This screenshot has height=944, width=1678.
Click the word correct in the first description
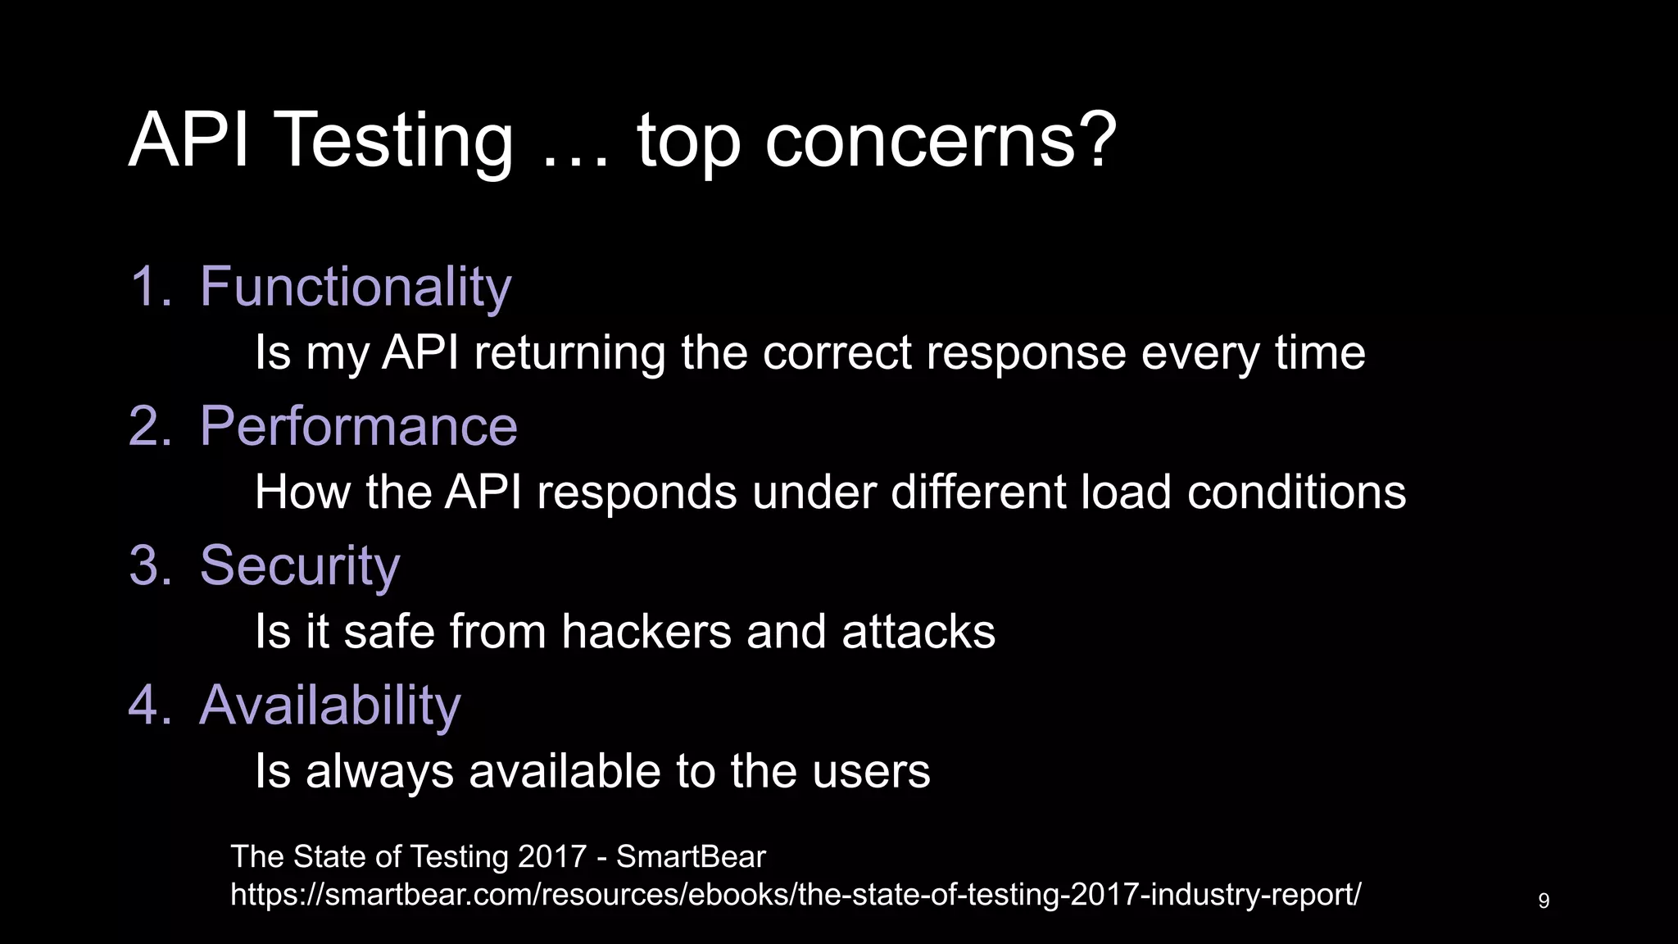click(x=837, y=353)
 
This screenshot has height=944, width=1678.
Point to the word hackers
click(x=646, y=632)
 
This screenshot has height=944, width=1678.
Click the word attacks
click(x=918, y=632)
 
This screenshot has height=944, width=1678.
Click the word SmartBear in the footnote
click(x=691, y=856)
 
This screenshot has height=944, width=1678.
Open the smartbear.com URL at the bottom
click(x=796, y=894)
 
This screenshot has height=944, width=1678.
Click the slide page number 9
click(x=1544, y=901)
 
